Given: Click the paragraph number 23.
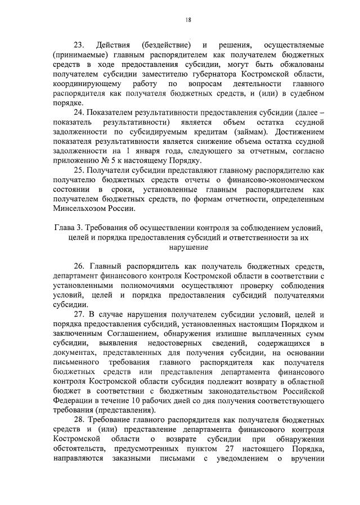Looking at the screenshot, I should (x=78, y=44).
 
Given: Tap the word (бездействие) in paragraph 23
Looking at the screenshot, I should (x=166, y=44).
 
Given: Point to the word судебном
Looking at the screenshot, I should (x=307, y=93).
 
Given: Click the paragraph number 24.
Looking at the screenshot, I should (x=78, y=112).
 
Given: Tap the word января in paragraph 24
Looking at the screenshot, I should (x=152, y=152).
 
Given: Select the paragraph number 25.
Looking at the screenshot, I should (x=78, y=172).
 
